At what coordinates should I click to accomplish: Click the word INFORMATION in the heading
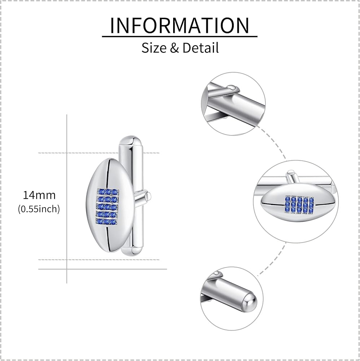pyautogui.click(x=179, y=25)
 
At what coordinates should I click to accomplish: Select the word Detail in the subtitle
pyautogui.click(x=201, y=47)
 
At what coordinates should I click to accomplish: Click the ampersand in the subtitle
pyautogui.click(x=174, y=48)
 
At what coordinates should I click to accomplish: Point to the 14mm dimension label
pyautogui.click(x=39, y=195)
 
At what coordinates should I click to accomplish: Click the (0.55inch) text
pyautogui.click(x=39, y=209)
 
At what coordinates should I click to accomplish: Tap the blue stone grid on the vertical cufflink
pyautogui.click(x=107, y=207)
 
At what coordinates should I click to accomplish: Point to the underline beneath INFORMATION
pyautogui.click(x=179, y=36)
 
